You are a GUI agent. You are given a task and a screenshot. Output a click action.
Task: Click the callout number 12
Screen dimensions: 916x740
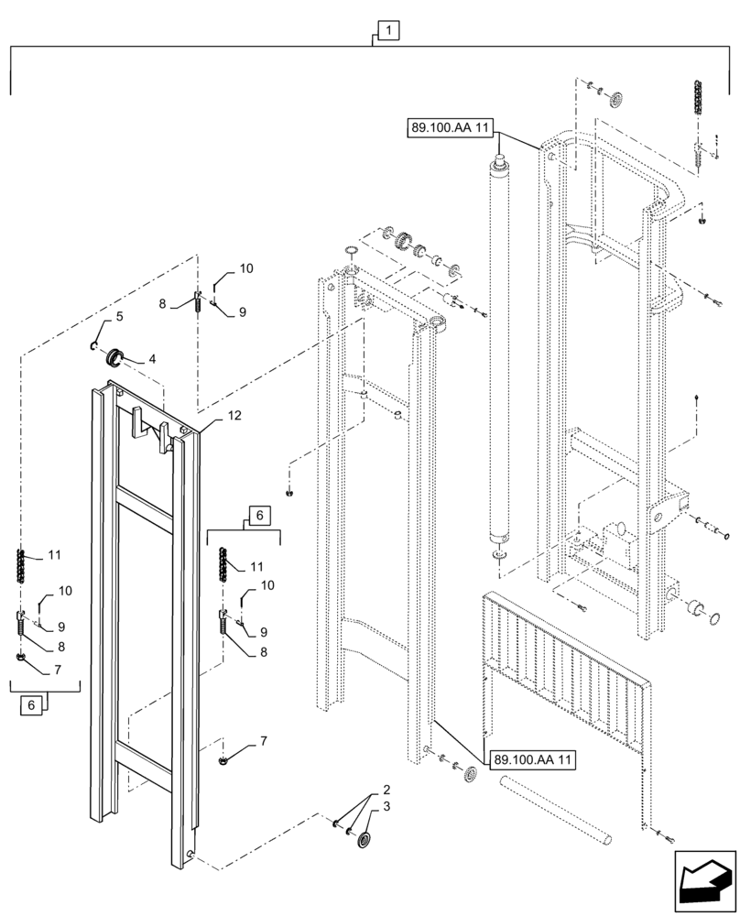click(x=234, y=416)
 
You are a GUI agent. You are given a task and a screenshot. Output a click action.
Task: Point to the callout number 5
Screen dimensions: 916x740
click(x=119, y=317)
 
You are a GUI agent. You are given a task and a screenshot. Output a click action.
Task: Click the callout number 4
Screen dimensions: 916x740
click(x=151, y=359)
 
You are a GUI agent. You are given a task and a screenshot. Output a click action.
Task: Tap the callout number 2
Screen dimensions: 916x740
click(x=386, y=790)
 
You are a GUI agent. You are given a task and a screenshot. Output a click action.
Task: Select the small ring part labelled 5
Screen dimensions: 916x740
click(x=94, y=344)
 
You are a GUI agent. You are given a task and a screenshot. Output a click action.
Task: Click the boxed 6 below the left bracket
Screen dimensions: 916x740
click(x=33, y=705)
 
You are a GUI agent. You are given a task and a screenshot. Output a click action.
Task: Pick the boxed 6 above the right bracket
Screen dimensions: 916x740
click(x=259, y=517)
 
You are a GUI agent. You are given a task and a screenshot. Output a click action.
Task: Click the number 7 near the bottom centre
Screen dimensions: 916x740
click(x=262, y=740)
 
